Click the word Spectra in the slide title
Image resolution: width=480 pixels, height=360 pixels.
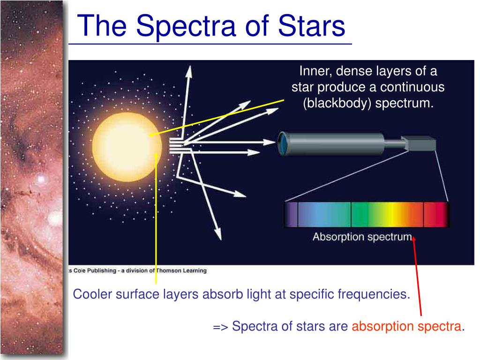coord(186,27)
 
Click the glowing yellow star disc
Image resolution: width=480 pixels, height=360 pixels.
coord(127,147)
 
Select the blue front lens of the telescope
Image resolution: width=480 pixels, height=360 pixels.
coord(282,143)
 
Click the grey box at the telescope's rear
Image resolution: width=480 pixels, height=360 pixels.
coord(420,143)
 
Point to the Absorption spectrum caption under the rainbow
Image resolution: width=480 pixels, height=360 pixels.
coord(362,237)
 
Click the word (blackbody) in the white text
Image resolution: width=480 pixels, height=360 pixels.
coord(337,103)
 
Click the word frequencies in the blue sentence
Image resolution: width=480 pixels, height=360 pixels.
coord(374,294)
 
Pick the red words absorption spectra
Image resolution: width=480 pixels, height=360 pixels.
coord(406,326)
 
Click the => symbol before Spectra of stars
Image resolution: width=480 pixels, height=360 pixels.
coord(220,327)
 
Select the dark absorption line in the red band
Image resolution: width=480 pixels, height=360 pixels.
coord(424,214)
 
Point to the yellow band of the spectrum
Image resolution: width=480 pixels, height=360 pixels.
coord(390,214)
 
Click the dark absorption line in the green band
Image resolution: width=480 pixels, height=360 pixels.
coord(351,214)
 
